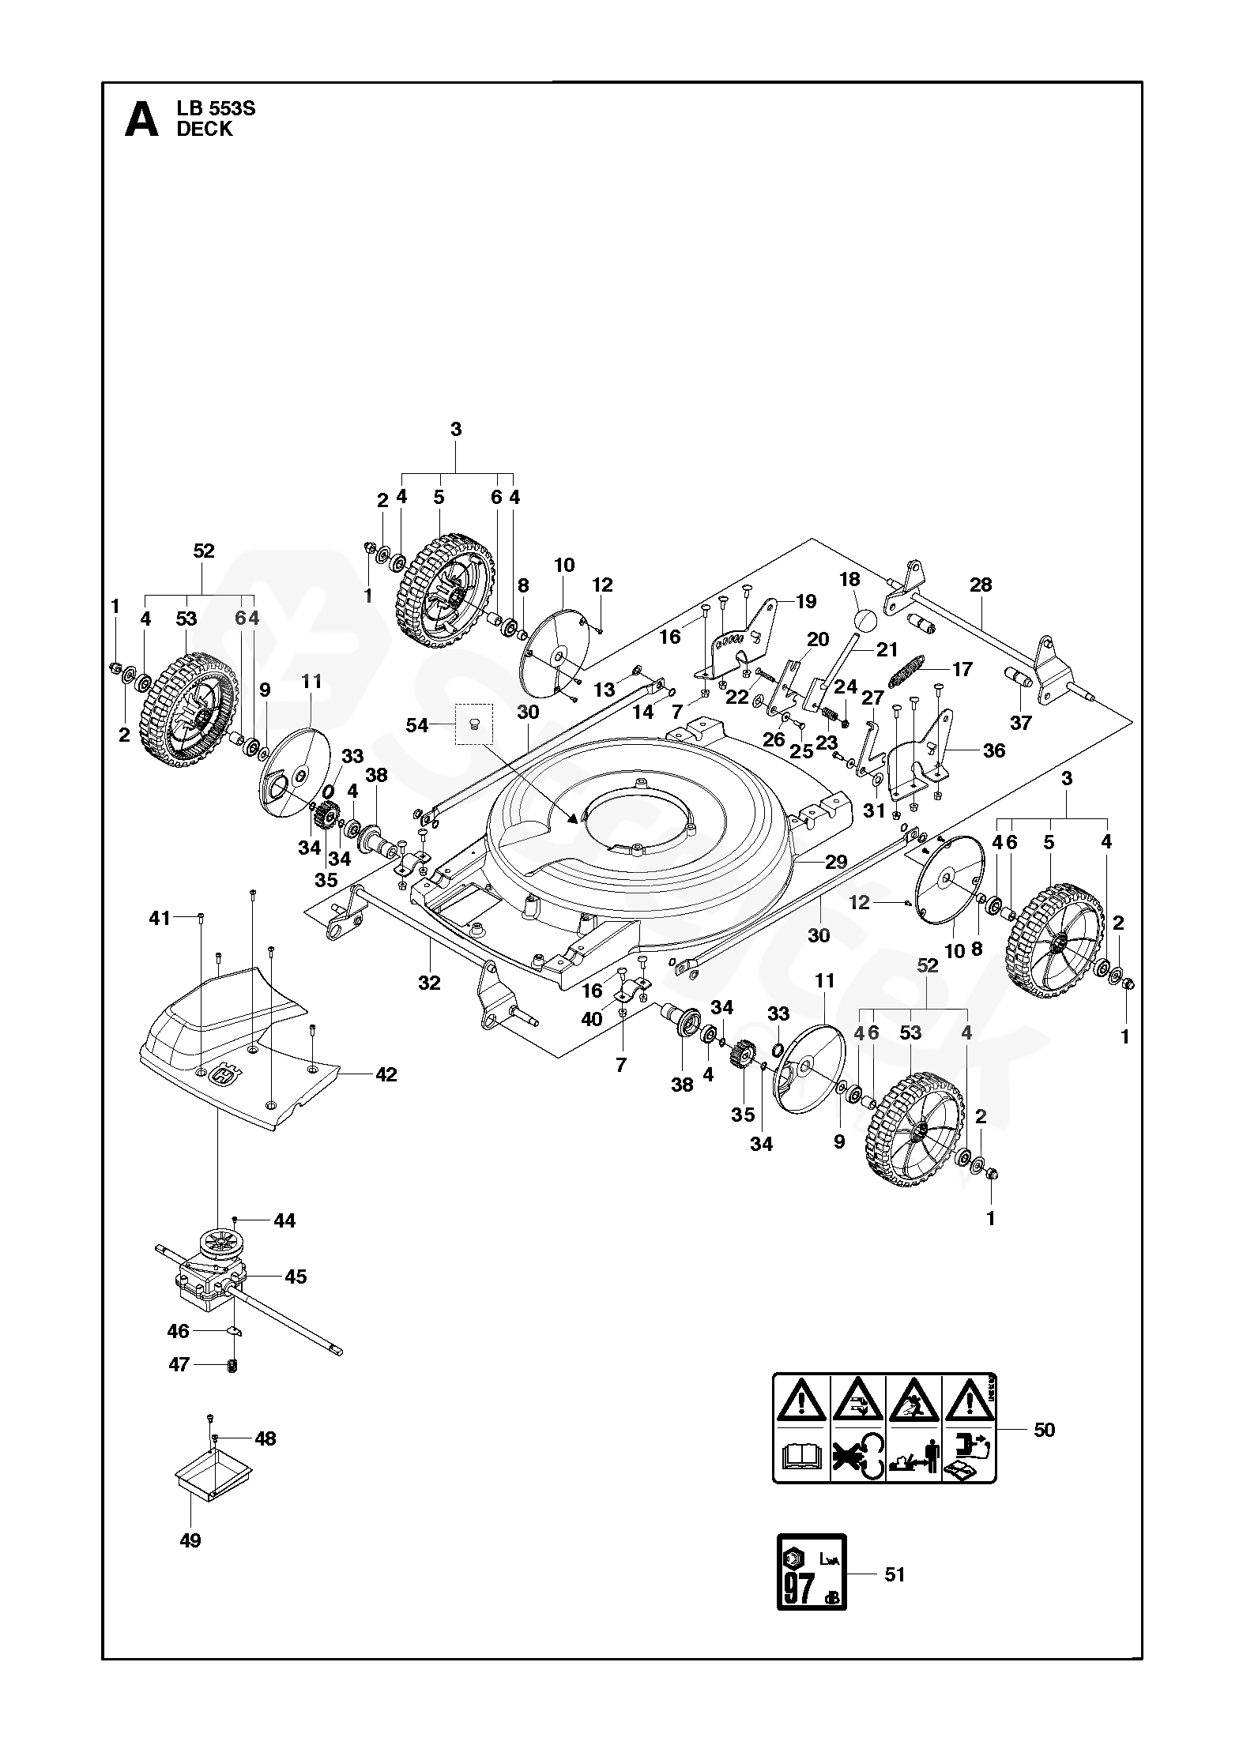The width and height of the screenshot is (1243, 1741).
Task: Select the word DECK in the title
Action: click(x=205, y=130)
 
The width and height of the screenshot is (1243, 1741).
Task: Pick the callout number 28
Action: click(x=980, y=585)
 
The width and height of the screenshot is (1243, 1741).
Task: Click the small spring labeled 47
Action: click(x=232, y=1364)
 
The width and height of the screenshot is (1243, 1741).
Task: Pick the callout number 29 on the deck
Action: click(x=836, y=862)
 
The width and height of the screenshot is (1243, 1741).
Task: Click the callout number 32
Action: click(x=429, y=983)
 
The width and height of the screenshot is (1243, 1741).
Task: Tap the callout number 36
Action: click(x=993, y=750)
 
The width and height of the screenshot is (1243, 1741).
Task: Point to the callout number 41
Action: click(x=160, y=918)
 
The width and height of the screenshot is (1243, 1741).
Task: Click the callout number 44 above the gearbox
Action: click(x=284, y=1221)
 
